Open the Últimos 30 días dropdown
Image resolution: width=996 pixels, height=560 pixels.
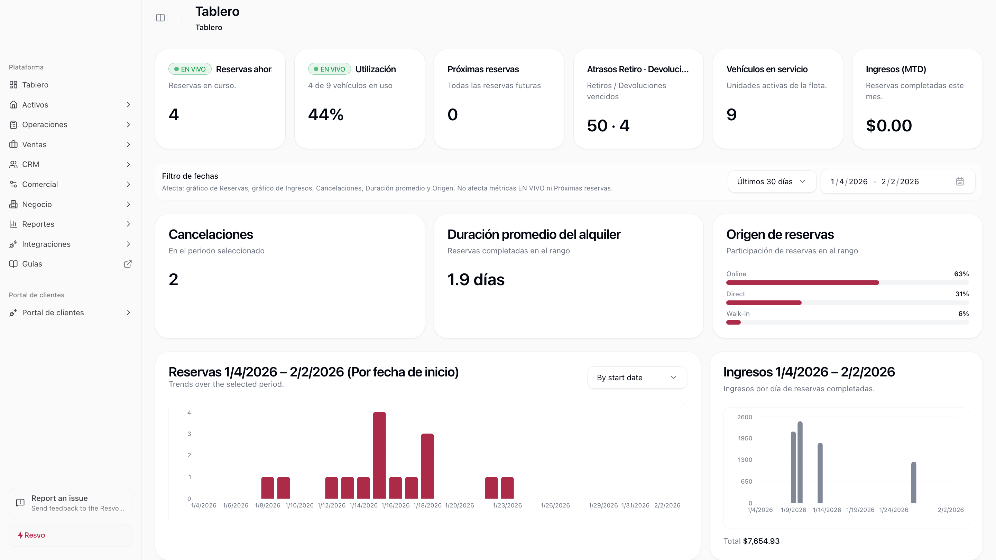pyautogui.click(x=771, y=181)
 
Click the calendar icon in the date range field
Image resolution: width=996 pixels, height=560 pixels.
pyautogui.click(x=960, y=181)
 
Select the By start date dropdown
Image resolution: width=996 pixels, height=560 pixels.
pyautogui.click(x=637, y=377)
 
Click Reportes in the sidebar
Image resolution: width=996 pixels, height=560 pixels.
pyautogui.click(x=38, y=224)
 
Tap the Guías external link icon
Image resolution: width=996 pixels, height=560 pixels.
pyautogui.click(x=128, y=264)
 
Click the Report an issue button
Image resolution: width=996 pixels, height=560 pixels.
pyautogui.click(x=70, y=502)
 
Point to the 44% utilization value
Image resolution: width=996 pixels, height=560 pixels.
pyautogui.click(x=325, y=114)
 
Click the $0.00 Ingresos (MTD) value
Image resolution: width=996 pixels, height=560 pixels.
pyautogui.click(x=888, y=125)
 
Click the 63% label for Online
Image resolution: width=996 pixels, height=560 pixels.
pyautogui.click(x=961, y=274)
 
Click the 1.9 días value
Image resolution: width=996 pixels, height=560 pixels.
pyautogui.click(x=476, y=279)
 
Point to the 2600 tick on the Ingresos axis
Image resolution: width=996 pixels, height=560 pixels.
pyautogui.click(x=744, y=417)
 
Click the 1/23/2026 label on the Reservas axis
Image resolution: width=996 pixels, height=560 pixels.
pyautogui.click(x=507, y=505)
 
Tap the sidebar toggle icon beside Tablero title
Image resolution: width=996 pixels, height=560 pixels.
pyautogui.click(x=160, y=18)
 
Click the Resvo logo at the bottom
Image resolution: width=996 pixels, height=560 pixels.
pyautogui.click(x=32, y=535)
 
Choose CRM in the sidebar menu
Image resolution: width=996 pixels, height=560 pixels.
pyautogui.click(x=30, y=165)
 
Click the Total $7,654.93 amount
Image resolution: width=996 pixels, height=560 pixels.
pyautogui.click(x=760, y=541)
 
